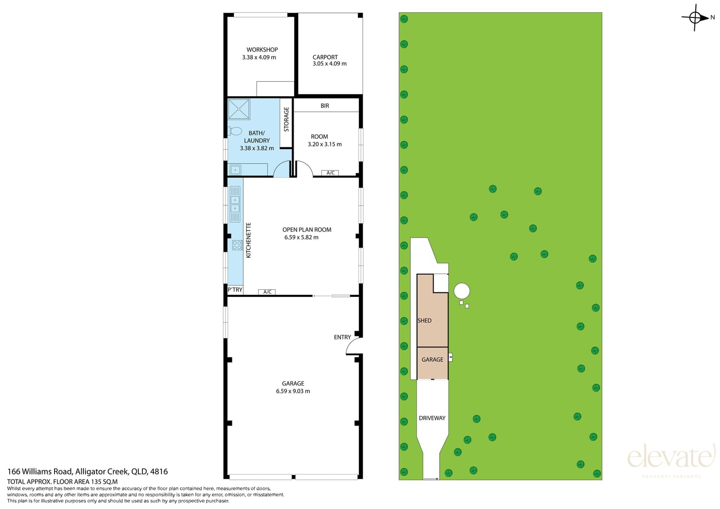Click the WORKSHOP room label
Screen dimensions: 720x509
262,49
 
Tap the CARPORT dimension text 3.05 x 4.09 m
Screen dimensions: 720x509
330,64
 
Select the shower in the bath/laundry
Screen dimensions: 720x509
239,109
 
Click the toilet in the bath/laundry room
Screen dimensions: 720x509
235,131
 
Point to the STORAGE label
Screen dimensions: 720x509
286,119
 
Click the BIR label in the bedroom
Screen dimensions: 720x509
325,106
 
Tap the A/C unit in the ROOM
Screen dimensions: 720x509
330,173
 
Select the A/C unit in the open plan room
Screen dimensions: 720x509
267,292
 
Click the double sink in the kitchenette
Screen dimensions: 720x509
235,204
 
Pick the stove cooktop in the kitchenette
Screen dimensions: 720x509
237,245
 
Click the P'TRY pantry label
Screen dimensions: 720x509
235,290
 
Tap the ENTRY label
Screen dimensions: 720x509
343,337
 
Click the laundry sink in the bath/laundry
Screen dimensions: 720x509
235,169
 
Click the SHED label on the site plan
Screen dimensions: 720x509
424,321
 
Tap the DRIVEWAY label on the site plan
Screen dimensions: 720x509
432,418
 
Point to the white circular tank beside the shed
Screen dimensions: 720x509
462,291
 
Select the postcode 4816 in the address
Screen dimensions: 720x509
159,471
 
